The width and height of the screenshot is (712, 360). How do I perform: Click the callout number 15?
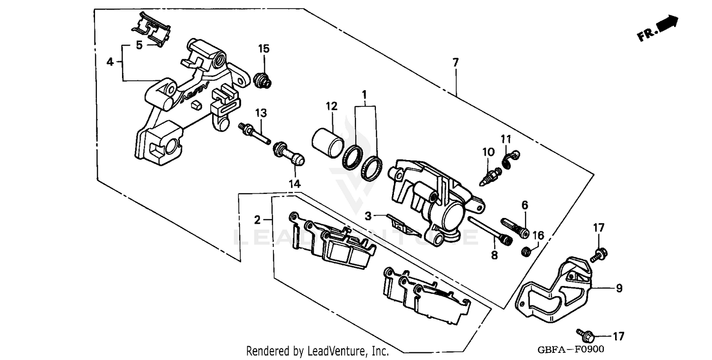(263, 48)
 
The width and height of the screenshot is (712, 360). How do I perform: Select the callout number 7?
(455, 62)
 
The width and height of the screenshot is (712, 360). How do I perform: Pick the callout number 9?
(619, 288)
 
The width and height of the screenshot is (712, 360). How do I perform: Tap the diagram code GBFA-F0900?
(571, 350)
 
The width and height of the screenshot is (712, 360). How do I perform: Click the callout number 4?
(110, 62)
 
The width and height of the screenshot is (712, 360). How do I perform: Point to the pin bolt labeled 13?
(254, 133)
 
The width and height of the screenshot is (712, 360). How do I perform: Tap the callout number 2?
(257, 220)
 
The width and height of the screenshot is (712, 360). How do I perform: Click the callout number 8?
(494, 255)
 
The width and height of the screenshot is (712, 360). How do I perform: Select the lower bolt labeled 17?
(584, 334)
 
